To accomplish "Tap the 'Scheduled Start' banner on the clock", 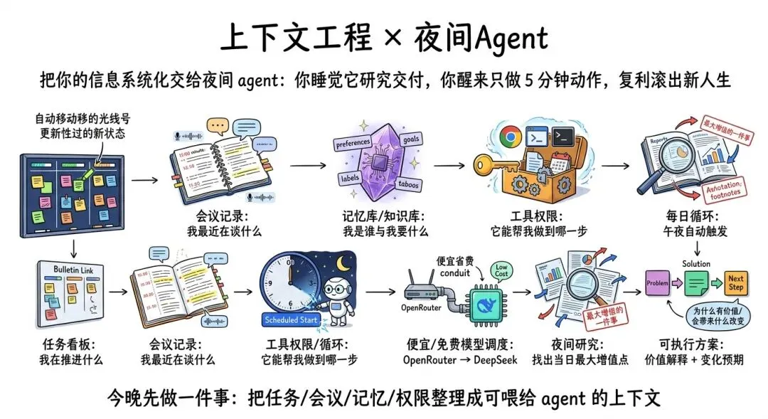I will pos(289,319).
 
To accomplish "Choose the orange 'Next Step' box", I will pos(735,282).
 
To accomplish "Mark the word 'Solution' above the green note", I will pos(696,262).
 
